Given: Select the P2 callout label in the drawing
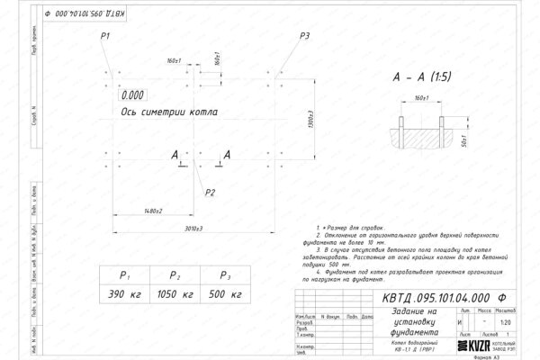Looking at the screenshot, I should click(210, 192).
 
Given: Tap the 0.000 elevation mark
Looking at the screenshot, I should click(132, 94).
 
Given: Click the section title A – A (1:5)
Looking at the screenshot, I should click(421, 77).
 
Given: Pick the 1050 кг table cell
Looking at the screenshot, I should click(175, 294).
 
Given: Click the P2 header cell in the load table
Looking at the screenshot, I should click(175, 276).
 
